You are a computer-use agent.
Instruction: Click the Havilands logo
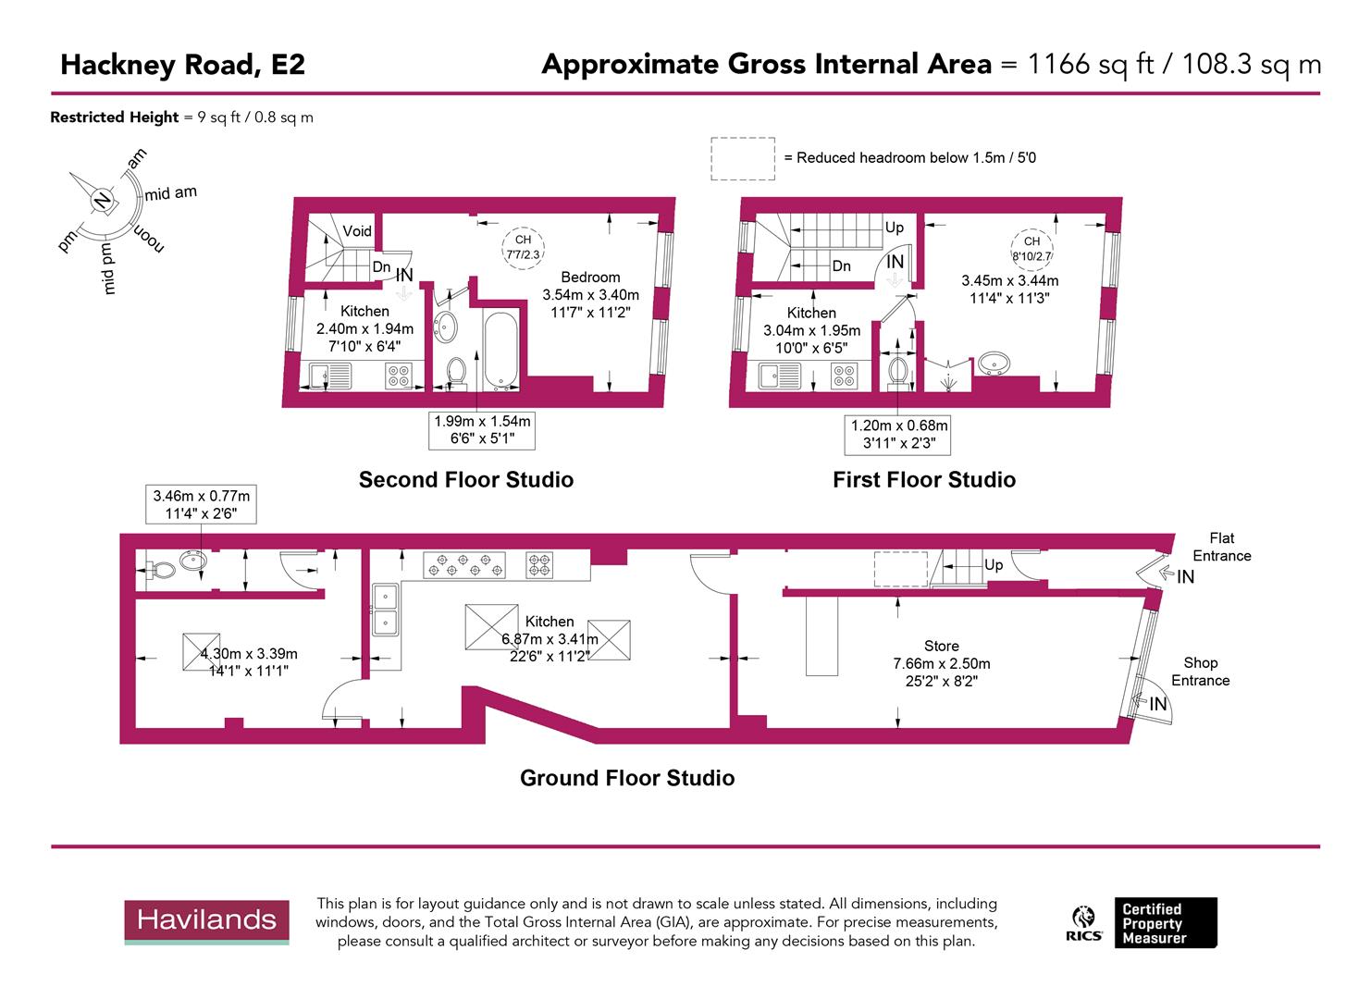(207, 921)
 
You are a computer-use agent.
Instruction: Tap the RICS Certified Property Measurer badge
(1143, 922)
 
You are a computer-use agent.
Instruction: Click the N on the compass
(102, 199)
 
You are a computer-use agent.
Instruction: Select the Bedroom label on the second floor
(590, 277)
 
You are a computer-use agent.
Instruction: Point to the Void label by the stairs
(357, 231)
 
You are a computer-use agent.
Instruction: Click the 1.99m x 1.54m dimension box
(482, 430)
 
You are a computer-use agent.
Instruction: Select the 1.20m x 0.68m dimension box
(899, 435)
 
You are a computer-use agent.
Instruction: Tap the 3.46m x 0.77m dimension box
(201, 504)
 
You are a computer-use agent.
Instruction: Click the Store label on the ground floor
(941, 646)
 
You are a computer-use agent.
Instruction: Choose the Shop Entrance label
(1200, 672)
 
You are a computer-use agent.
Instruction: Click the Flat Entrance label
(1221, 547)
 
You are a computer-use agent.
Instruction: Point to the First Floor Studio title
(923, 479)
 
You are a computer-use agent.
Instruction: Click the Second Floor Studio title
(466, 479)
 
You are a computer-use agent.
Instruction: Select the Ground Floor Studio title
(627, 778)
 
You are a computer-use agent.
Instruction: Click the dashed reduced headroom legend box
(742, 158)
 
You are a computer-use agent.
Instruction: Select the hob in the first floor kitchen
(844, 375)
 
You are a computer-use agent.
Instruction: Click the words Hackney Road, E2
(182, 65)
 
